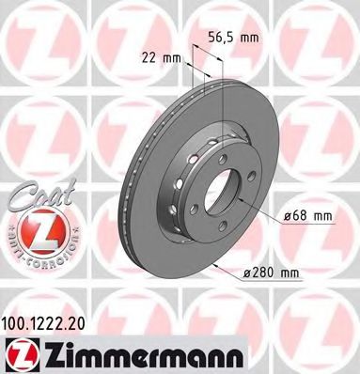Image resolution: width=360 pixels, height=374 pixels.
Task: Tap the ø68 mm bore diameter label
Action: coord(311,218)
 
